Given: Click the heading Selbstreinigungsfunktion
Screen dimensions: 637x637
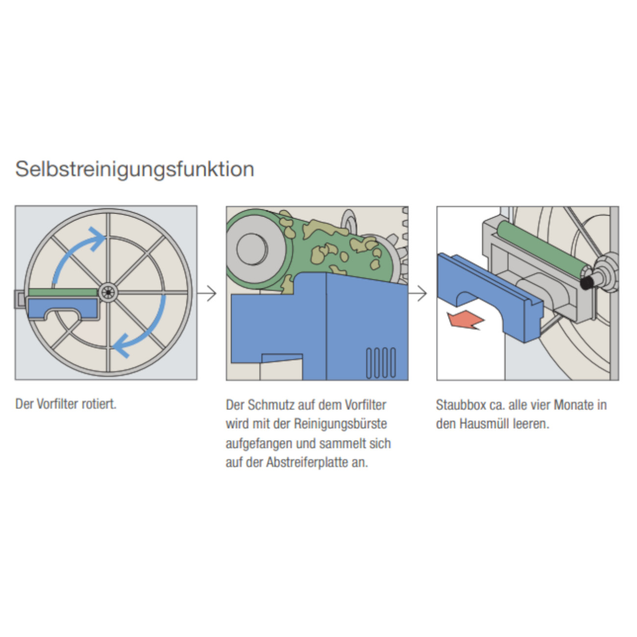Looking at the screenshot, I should [135, 169].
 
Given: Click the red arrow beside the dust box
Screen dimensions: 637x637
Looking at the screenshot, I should [465, 320].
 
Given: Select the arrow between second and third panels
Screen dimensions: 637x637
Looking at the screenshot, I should [418, 294].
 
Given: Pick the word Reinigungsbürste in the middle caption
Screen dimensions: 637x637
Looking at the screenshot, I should [340, 424].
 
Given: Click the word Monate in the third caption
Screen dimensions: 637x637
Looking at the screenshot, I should [573, 405].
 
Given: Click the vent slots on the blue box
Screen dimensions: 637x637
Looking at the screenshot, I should [381, 363].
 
